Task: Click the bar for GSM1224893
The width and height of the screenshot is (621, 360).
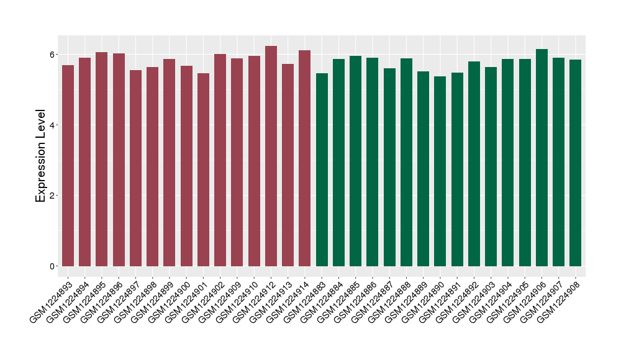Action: pyautogui.click(x=68, y=165)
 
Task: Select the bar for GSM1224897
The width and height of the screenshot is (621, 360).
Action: pyautogui.click(x=135, y=168)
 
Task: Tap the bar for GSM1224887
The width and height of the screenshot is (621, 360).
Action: pyautogui.click(x=389, y=167)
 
